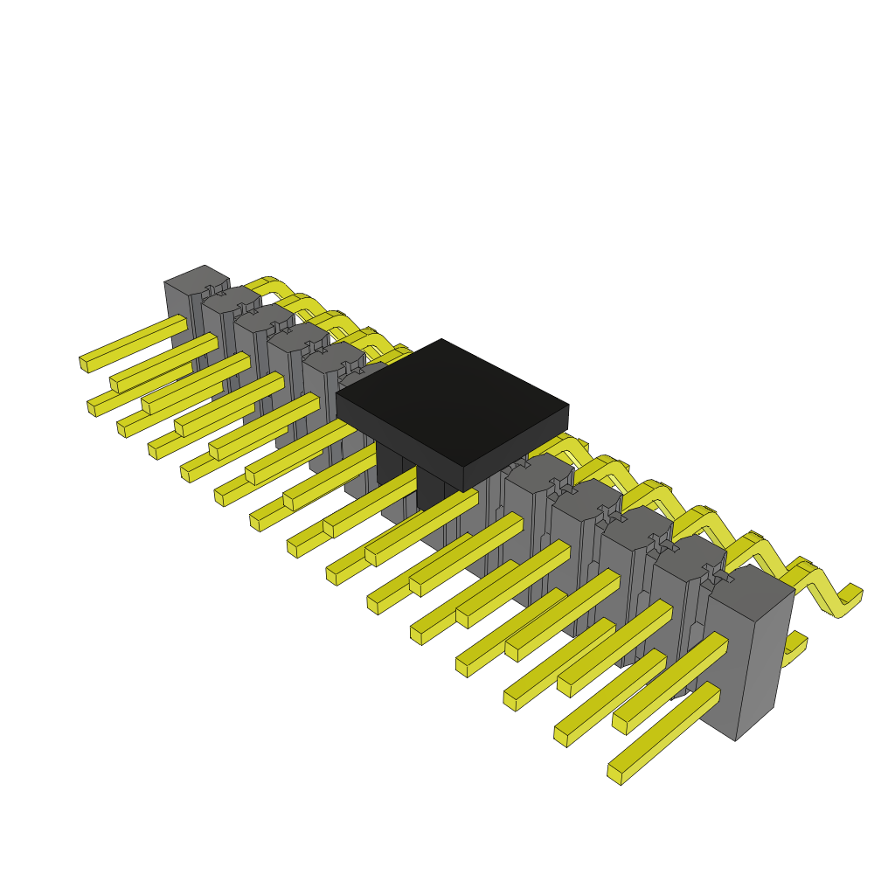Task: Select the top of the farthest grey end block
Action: click(196, 280)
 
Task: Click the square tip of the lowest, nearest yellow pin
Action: click(614, 775)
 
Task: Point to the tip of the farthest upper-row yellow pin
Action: click(84, 363)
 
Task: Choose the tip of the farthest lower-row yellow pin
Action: click(92, 407)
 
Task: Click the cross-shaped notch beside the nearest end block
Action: click(714, 573)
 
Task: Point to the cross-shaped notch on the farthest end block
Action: click(211, 290)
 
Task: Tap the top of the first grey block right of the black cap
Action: click(538, 472)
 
